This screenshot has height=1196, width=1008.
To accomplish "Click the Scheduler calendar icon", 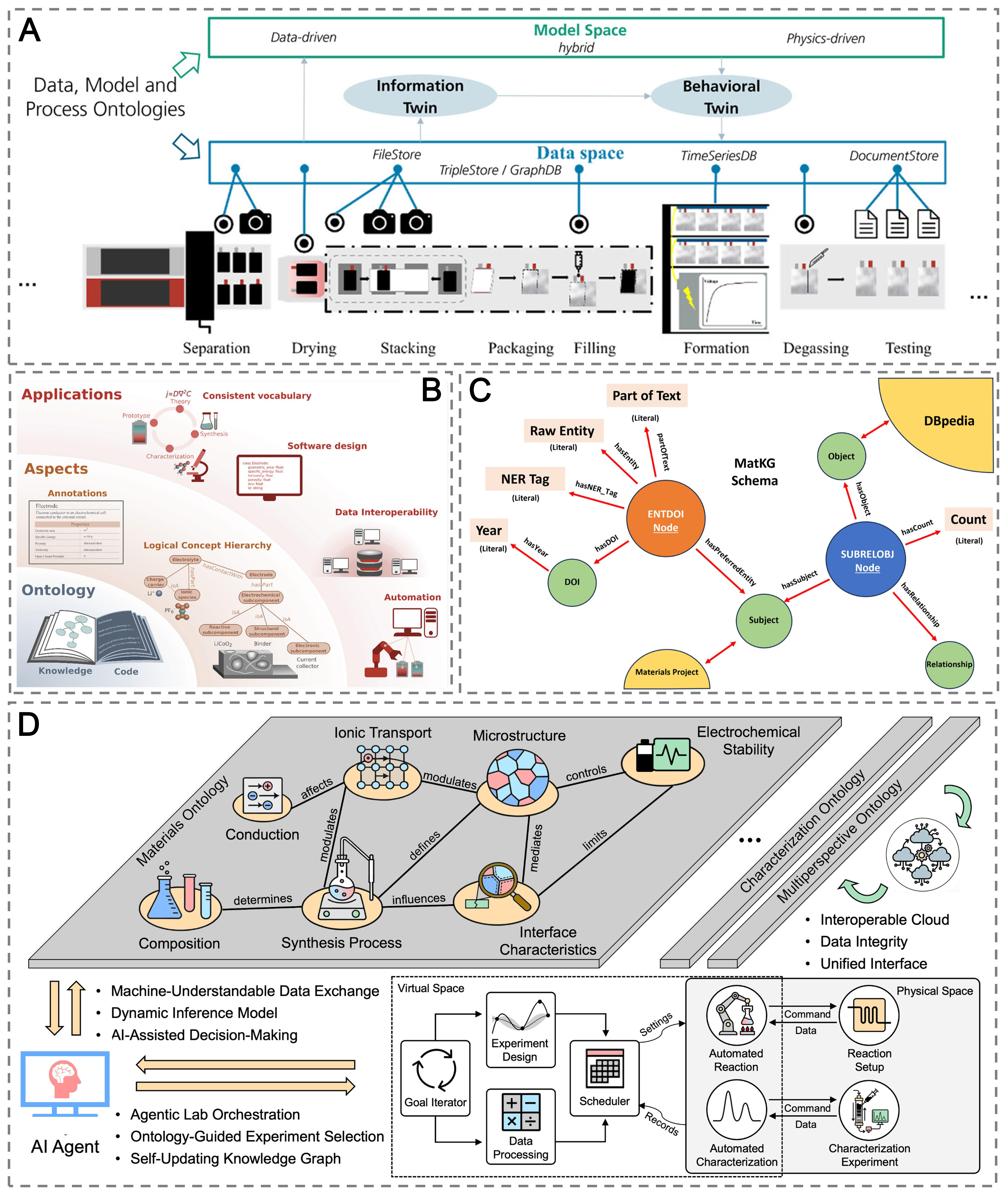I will (605, 1069).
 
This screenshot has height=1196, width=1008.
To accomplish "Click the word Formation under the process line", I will (716, 348).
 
